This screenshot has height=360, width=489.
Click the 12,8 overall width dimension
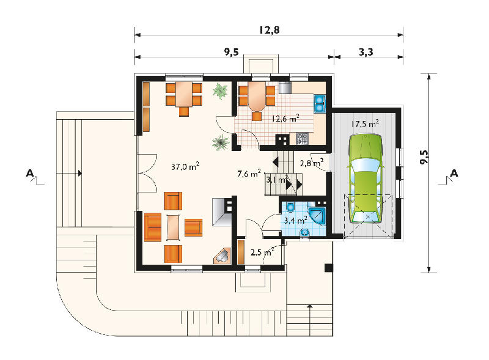(269, 30)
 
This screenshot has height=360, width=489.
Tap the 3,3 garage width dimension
(366, 52)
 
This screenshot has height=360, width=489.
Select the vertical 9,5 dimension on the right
(424, 157)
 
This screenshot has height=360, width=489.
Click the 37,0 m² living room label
(185, 166)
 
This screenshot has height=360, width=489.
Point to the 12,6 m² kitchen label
(285, 119)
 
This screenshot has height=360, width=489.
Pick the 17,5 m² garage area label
(365, 124)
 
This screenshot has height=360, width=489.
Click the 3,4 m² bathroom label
(296, 221)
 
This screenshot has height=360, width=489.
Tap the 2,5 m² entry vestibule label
(262, 252)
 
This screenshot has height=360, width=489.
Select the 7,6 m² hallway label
(249, 174)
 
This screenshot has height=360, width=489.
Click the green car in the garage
(366, 178)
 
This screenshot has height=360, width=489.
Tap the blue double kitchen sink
(320, 103)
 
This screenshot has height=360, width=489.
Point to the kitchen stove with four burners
(302, 139)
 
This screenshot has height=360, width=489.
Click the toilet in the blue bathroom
(291, 207)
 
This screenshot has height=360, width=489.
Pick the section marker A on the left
(30, 173)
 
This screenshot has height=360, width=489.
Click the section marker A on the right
(454, 173)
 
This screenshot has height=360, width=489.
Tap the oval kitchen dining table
(257, 97)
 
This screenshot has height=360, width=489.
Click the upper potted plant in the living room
(221, 91)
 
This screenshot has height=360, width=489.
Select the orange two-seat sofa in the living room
(153, 227)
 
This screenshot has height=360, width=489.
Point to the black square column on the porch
(329, 268)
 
